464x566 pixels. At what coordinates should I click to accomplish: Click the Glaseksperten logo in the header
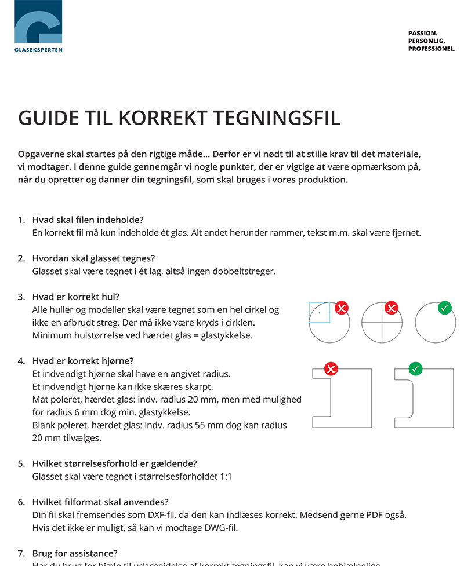pos(38,26)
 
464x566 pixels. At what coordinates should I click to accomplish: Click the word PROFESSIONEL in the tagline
pos(432,49)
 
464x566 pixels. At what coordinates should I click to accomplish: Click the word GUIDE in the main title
pos(48,118)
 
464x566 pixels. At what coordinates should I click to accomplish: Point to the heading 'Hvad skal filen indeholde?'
pos(88,220)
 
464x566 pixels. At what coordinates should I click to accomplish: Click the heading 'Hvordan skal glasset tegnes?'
pos(93,258)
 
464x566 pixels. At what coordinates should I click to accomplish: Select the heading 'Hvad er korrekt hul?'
pos(75,297)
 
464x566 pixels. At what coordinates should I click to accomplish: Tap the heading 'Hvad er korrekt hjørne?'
pos(83,361)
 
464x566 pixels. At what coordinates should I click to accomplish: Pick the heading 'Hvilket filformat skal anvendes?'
pos(100,502)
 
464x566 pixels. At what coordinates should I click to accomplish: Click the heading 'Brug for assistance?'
pos(75,553)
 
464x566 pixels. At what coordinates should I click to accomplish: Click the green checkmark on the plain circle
pos(445,308)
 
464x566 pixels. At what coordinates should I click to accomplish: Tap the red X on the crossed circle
pos(391,308)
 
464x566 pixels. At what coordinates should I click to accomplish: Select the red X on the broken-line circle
pos(342,308)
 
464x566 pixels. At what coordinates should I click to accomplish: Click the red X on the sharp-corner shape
pos(331,368)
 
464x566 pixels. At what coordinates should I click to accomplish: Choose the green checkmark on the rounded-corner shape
pos(416,368)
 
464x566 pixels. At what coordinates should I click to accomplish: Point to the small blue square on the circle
pos(319,312)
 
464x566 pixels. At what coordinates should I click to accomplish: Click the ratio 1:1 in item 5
pos(225,477)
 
